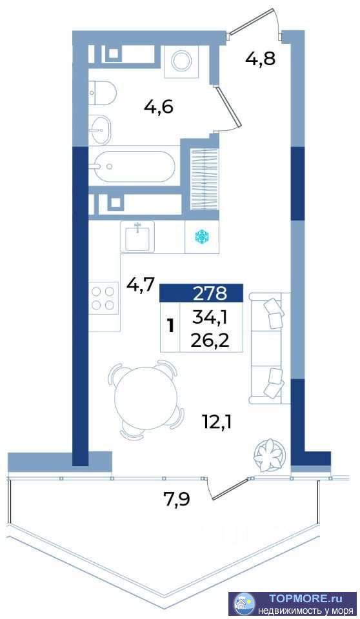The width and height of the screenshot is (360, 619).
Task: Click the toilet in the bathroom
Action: (x=102, y=93)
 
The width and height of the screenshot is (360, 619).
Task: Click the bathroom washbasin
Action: (x=99, y=129)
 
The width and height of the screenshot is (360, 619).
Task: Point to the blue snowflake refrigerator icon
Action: (x=202, y=237)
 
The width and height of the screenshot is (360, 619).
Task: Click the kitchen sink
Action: (x=137, y=236)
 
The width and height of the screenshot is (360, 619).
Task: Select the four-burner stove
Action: (x=103, y=299)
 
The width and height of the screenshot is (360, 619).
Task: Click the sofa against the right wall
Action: (x=270, y=348)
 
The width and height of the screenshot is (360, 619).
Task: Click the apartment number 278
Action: (x=210, y=293)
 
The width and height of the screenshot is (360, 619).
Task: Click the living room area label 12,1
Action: (x=217, y=423)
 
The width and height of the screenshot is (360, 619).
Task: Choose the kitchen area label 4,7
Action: (x=140, y=284)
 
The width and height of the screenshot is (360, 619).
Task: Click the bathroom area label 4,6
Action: (x=159, y=107)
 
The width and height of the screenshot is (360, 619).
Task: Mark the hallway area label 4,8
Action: (x=260, y=59)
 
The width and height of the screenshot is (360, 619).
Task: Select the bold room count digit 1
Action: (x=171, y=326)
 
